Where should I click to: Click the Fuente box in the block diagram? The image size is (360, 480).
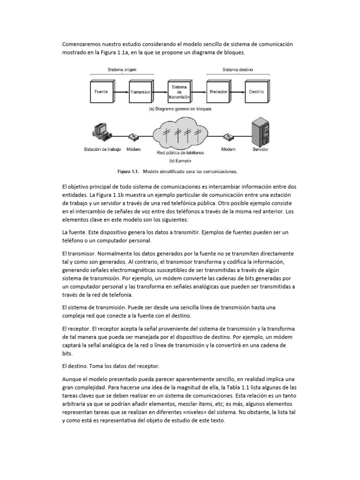coord(101,92)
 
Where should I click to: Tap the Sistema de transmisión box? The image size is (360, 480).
coord(180,92)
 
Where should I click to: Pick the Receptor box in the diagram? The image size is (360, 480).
coord(219,92)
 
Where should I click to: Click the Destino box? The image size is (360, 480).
coord(256,92)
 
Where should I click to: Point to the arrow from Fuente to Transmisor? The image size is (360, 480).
coord(120,92)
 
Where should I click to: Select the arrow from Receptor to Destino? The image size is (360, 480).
coord(238,92)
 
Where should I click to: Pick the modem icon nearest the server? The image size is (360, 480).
coord(229,137)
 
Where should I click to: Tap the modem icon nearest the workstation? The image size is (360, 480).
coord(134,137)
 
